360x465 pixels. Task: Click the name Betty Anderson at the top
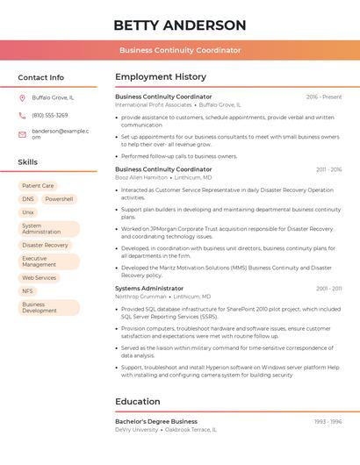[x=180, y=25]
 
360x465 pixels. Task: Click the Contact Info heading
[x=41, y=77]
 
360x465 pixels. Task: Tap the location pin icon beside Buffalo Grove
[x=22, y=97]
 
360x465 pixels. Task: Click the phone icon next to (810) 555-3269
[x=22, y=115]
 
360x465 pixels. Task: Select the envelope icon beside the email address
[x=22, y=134]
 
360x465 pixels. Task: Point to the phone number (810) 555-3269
[x=50, y=115]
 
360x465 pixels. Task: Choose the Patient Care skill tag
[x=38, y=186]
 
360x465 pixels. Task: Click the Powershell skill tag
[x=59, y=199]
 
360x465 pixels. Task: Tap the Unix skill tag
[x=28, y=212]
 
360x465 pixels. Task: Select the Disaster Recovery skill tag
[x=45, y=246]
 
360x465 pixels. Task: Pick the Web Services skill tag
[x=39, y=278]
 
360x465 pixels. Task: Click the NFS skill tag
[x=28, y=291]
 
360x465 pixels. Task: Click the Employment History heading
[x=161, y=76]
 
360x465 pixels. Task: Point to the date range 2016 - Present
[x=324, y=97]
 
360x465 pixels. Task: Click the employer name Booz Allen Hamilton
[x=141, y=177]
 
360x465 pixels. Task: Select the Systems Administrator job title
[x=149, y=288]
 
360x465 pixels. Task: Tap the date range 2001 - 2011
[x=329, y=288]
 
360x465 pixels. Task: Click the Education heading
[x=138, y=402]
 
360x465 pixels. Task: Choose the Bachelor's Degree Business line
[x=156, y=422]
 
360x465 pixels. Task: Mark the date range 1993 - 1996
[x=328, y=422]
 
